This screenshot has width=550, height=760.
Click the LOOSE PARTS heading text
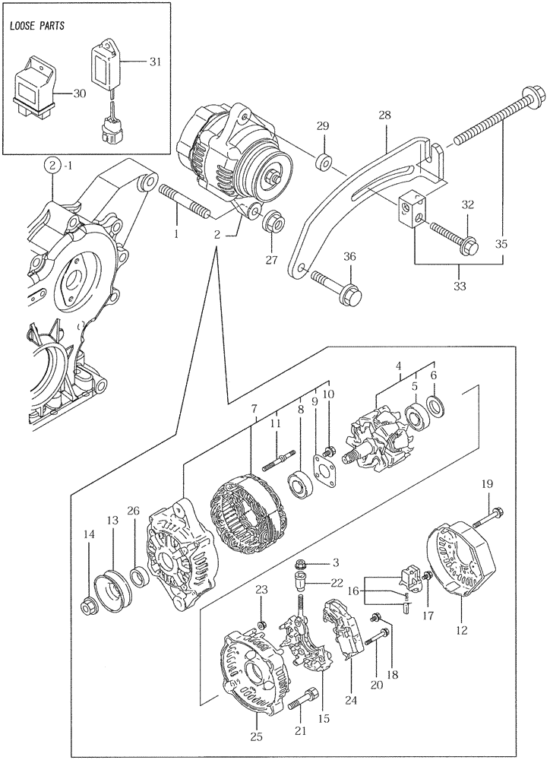point(37,26)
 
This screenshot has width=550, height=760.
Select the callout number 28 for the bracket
point(385,116)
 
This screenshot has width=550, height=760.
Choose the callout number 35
point(501,244)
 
